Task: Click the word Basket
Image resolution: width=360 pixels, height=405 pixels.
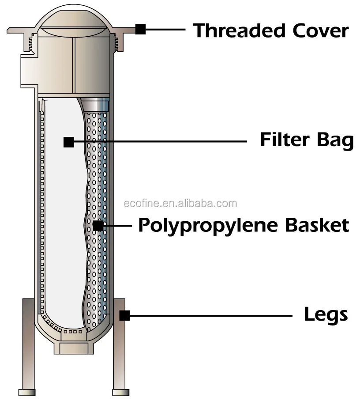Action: click(x=317, y=225)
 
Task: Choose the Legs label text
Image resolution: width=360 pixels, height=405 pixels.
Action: click(x=326, y=315)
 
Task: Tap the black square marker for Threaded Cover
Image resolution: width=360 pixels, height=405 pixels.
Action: click(x=140, y=29)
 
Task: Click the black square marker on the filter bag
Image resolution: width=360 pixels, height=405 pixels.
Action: click(x=68, y=142)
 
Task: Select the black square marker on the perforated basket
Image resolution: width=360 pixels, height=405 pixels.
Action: click(x=98, y=226)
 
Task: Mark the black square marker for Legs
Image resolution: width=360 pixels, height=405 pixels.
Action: click(x=124, y=315)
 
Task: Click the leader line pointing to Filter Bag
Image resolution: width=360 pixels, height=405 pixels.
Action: click(x=159, y=142)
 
